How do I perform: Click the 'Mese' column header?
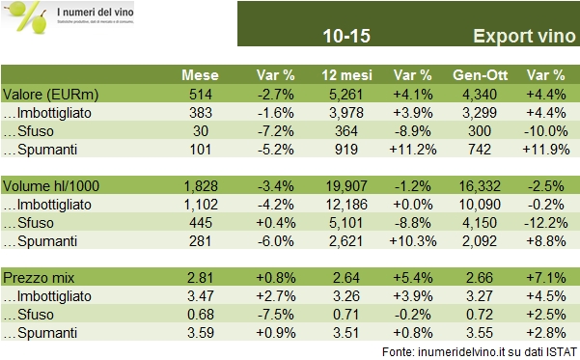(202, 75)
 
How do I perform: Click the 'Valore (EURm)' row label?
(45, 94)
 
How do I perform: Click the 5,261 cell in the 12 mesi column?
(330, 94)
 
